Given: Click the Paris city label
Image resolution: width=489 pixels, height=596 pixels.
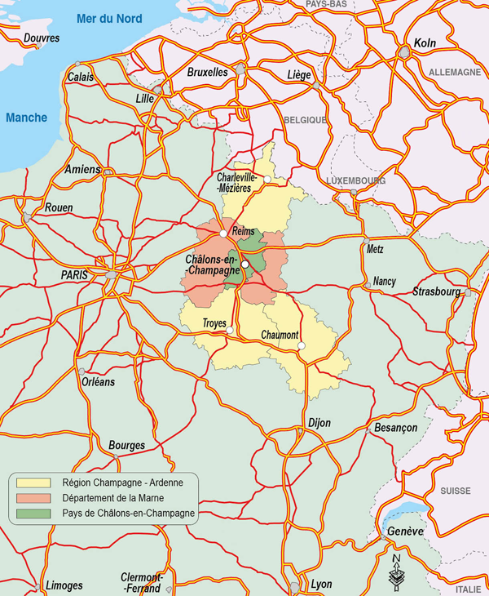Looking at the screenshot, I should pos(78,276).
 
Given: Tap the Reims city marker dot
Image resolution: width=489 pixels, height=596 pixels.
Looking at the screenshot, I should pos(223,234).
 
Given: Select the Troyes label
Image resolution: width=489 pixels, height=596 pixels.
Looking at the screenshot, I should pos(214,324).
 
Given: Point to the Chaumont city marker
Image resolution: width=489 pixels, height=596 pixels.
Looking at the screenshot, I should pos(301,346).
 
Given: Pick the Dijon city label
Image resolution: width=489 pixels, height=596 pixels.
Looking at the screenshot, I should pos(319,423).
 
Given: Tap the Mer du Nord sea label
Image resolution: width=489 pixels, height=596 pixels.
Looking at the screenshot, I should pos(108,19).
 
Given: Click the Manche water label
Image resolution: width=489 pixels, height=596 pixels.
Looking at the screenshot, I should pos(26,118).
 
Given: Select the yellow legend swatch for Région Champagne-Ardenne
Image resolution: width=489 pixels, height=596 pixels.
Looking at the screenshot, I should pos(33,483).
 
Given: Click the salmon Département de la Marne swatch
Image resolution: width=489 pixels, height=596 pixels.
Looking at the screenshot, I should pos(33,498).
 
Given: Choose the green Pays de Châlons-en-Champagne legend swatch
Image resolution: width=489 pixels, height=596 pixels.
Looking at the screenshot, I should pos(33,514).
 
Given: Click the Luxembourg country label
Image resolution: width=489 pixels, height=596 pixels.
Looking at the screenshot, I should pos(357,180).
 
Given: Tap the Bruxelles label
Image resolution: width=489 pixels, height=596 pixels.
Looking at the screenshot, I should pos(207,72).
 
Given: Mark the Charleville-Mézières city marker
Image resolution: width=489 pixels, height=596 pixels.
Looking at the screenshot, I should pos(267,179).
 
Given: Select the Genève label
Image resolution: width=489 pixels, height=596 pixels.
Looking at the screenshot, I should pos(406,532).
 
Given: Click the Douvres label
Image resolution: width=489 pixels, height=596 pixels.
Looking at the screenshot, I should pos(42,38).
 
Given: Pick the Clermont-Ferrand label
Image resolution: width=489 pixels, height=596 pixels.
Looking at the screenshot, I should pos(142,581).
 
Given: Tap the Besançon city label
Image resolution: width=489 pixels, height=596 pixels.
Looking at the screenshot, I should pos(395,428).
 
